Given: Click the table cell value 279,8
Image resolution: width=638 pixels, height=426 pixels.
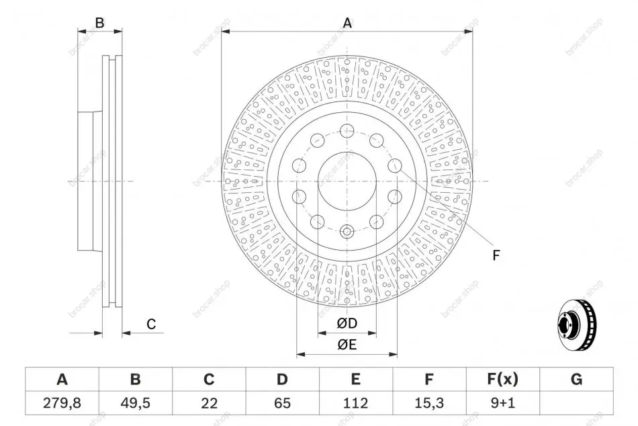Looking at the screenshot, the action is (62, 403).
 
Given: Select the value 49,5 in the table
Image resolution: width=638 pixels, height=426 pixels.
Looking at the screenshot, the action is (136, 403).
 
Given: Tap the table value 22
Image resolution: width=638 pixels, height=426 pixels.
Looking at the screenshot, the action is (209, 403).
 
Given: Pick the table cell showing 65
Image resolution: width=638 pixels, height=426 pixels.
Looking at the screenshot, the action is (282, 403).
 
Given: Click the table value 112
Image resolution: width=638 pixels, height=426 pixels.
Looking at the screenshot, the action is (356, 403).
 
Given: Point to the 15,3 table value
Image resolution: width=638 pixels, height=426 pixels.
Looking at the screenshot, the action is (429, 403).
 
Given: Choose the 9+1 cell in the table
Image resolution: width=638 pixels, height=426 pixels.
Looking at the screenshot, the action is (503, 403).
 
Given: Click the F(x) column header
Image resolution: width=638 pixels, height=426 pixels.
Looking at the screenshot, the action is (503, 379).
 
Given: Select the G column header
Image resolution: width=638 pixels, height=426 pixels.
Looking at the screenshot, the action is (577, 379).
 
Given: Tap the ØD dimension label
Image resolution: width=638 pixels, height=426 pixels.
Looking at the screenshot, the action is (347, 323).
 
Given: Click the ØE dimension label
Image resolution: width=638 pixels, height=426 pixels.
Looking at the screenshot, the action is (347, 345).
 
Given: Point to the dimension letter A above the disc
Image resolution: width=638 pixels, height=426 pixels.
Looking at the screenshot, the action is (347, 23).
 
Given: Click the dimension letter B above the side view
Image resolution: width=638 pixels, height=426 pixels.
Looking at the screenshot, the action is (99, 23).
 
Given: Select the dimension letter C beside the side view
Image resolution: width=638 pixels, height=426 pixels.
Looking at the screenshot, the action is (151, 324).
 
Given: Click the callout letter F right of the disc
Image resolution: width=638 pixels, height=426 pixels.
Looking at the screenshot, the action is (496, 255).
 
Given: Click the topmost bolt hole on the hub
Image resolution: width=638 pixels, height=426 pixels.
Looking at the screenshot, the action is (347, 131).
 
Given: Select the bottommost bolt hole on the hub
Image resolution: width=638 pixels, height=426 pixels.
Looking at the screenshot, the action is (347, 232).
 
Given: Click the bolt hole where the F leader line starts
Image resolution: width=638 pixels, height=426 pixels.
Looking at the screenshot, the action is (395, 166).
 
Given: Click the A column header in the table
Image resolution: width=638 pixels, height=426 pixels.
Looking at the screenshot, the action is (62, 379).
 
